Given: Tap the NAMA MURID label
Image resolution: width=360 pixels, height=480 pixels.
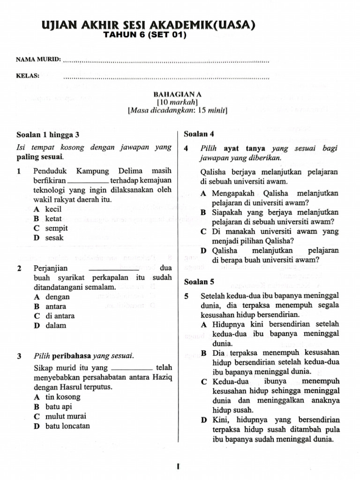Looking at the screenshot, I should point(38,60).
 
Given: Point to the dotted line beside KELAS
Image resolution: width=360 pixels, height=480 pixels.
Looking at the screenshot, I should point(166,77).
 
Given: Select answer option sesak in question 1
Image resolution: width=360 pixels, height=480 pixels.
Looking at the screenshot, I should point(54,238).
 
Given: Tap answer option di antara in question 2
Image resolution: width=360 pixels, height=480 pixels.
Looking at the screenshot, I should point(60,316).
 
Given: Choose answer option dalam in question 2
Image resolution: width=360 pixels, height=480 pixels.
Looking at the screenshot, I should point(56,325).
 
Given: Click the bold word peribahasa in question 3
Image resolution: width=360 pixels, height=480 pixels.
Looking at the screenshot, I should point(72,356).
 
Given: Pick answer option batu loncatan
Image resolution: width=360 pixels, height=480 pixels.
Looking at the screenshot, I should point(67,426).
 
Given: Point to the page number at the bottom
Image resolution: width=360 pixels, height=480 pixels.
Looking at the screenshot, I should point(179,466).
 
